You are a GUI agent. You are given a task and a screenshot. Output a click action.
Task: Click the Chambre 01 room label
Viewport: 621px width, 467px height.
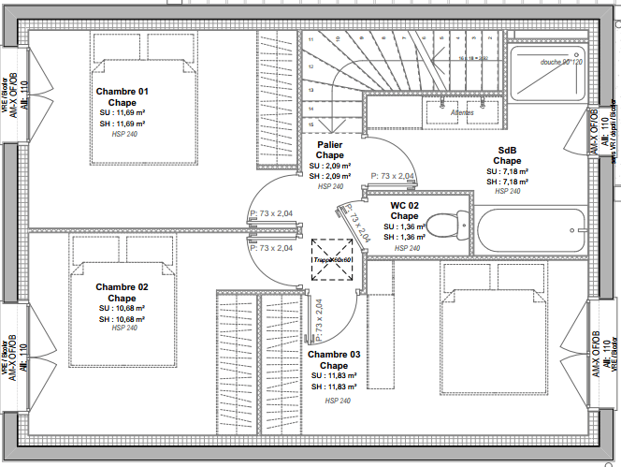(123, 92)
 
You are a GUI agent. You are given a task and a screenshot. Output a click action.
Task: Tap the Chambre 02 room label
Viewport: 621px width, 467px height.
(123, 287)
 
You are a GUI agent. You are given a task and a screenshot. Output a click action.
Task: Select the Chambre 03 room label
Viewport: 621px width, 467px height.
(334, 355)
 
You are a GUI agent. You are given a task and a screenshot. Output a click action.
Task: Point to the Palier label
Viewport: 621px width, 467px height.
(329, 146)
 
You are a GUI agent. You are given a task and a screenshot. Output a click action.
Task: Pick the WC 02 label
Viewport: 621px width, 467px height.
(404, 205)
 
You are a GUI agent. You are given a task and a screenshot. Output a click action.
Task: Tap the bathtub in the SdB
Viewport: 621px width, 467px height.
(531, 230)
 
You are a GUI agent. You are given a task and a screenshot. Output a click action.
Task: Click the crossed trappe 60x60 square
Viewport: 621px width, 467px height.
(334, 260)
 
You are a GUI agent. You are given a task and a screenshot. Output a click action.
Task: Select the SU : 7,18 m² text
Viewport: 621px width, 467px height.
(507, 171)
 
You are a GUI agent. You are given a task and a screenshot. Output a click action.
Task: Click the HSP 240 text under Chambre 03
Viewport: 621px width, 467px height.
(338, 401)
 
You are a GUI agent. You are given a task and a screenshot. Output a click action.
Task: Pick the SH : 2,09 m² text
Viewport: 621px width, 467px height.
(329, 176)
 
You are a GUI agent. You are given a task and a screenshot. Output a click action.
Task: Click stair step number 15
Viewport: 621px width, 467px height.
(310, 124)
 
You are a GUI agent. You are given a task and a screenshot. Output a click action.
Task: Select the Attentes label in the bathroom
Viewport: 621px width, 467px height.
(462, 112)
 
